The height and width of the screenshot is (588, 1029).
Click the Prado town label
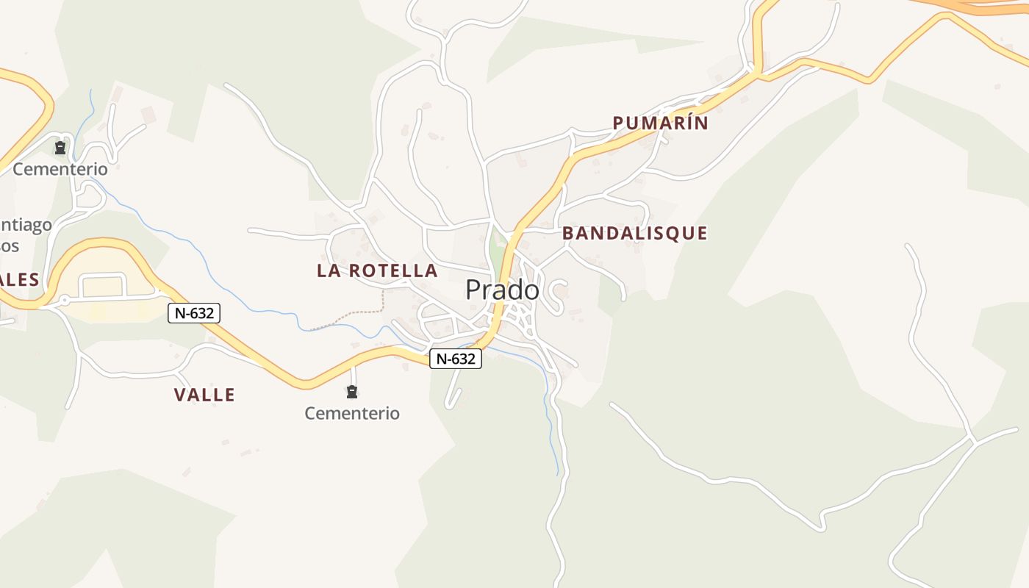502,290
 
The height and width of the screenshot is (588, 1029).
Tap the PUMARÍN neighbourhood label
660,123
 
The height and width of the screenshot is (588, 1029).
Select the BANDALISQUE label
634,233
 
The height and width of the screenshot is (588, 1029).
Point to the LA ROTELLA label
377,270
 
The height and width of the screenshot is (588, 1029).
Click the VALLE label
204,395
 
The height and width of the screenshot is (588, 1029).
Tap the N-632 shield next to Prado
456,359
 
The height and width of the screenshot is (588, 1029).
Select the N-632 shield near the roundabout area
194,313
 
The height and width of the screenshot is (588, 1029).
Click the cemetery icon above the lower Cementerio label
352,391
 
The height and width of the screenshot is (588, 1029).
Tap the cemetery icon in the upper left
60,148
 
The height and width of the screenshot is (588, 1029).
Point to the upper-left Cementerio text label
60,169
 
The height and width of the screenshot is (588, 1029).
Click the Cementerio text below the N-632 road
352,413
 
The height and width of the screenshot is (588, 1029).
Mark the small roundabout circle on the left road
65,300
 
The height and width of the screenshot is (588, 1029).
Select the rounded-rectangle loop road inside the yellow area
103,285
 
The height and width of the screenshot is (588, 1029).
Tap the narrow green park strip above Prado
498,250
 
